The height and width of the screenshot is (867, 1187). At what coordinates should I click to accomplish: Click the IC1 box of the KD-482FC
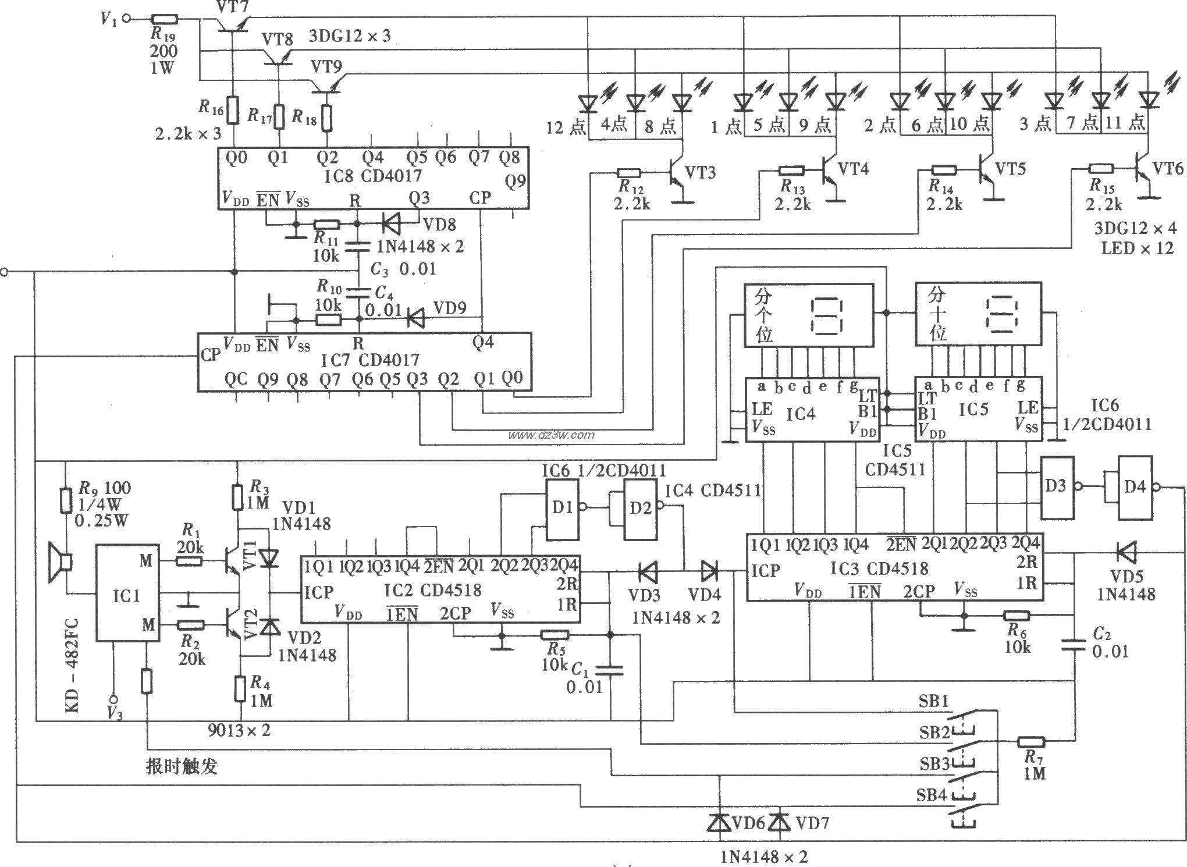click(127, 594)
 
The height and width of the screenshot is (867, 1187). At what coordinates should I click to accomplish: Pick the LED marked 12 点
click(589, 103)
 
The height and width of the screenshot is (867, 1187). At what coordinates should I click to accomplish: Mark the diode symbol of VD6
click(720, 822)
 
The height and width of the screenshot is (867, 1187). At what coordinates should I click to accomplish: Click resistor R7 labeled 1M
click(1031, 742)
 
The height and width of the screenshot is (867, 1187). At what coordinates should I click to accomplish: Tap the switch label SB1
click(934, 702)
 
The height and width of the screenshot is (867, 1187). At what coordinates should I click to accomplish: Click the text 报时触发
click(182, 766)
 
